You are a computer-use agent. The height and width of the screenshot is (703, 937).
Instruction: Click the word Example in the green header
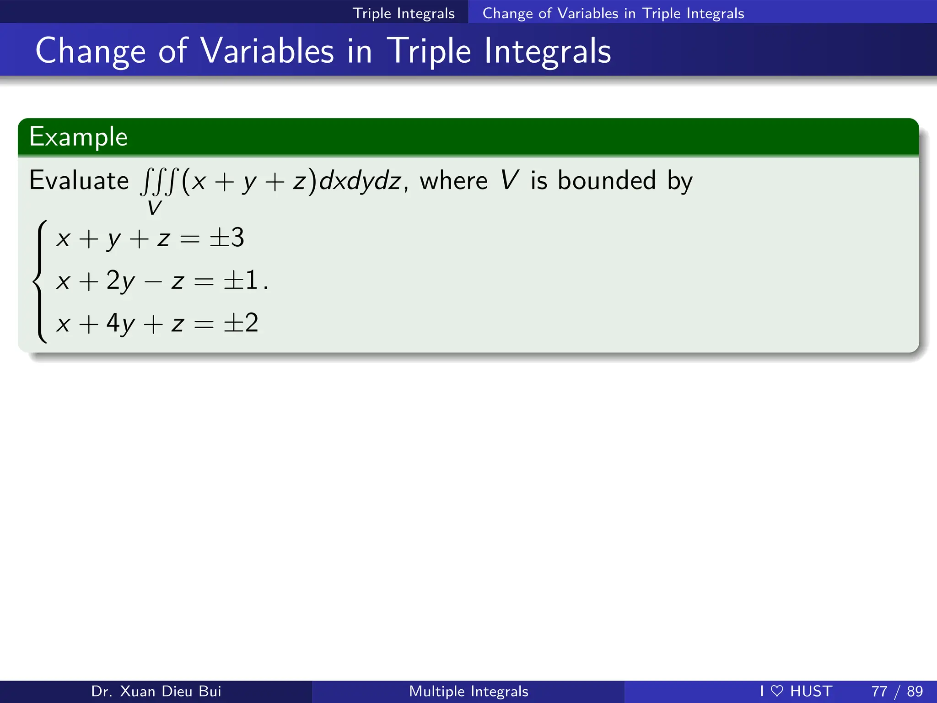(78, 137)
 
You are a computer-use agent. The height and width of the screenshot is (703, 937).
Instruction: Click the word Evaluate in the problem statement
(79, 180)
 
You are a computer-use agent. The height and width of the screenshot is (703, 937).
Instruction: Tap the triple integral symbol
(158, 182)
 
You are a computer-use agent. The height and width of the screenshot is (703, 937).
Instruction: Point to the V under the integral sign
(154, 208)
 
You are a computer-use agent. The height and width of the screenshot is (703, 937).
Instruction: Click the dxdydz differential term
(360, 181)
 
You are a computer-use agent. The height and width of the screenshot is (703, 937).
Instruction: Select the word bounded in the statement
(607, 180)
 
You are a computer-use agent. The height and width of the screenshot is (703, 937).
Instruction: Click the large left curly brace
(40, 281)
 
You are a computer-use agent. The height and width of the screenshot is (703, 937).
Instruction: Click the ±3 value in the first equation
(226, 238)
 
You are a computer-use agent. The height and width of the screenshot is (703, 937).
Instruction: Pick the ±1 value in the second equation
(241, 280)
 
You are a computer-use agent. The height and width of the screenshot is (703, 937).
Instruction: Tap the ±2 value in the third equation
(241, 323)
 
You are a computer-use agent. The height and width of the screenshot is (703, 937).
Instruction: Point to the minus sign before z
(153, 281)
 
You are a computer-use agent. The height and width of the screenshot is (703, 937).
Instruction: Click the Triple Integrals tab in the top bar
(404, 13)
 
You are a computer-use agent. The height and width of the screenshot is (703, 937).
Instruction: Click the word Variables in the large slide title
(267, 51)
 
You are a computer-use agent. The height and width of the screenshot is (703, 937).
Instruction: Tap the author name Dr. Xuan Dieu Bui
(156, 691)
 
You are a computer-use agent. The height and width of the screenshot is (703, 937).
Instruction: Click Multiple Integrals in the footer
(468, 691)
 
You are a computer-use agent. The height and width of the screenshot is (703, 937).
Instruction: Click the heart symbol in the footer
(777, 691)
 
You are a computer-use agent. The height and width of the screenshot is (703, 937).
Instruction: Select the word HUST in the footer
(811, 691)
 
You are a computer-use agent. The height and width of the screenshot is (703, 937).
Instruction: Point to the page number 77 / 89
(897, 691)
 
